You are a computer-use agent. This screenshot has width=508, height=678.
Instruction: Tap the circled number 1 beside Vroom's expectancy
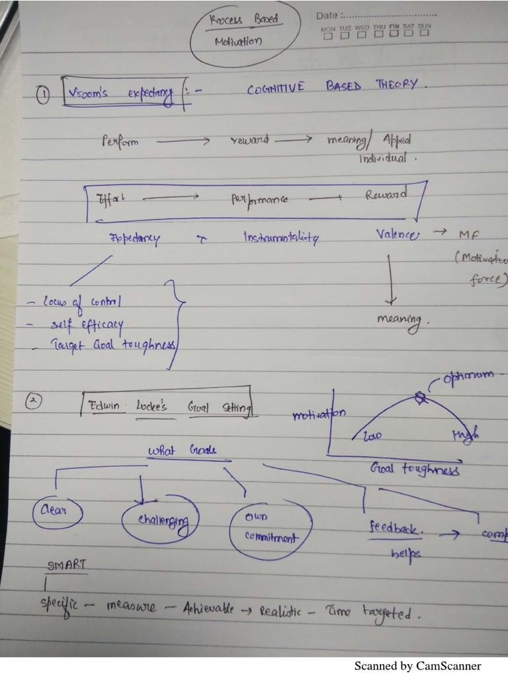tap(43, 97)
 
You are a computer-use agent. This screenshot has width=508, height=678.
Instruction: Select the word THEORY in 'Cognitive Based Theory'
tap(397, 85)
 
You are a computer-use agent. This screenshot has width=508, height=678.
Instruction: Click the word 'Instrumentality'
tap(280, 238)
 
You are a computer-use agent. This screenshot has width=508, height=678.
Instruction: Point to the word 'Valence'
tap(398, 234)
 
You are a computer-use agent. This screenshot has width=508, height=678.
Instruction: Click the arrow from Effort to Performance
tap(171, 197)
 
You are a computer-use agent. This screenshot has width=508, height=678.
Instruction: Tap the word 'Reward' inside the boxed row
tap(386, 195)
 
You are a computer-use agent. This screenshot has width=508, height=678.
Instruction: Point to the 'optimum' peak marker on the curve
tap(419, 397)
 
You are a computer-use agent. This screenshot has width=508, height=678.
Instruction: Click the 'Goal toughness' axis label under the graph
tap(414, 470)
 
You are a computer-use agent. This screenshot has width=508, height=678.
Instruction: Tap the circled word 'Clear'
tap(58, 512)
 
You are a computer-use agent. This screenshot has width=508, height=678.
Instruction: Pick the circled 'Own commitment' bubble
tap(270, 526)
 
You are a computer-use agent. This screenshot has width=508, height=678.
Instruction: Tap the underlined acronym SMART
tap(67, 565)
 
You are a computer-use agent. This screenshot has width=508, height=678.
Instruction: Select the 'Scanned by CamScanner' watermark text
tap(417, 666)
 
